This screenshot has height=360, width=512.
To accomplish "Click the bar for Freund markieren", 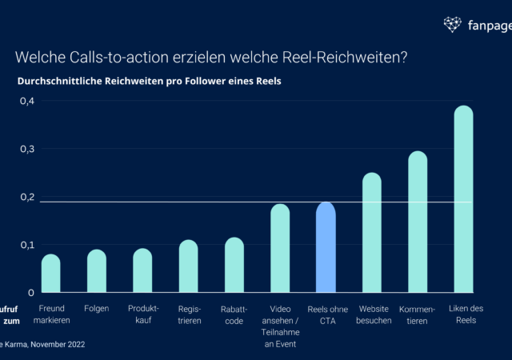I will (50, 274).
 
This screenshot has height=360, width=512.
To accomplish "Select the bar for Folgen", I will (96, 271).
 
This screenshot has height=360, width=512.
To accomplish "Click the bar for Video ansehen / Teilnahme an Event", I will (280, 248).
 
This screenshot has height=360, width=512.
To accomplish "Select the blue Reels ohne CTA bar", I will (326, 247).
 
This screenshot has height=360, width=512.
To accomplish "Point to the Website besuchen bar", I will (372, 233).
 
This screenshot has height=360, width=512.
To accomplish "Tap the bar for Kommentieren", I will (418, 222).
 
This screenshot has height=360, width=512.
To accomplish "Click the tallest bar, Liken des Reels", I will (464, 199).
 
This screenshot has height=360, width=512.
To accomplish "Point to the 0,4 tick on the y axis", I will (27, 101).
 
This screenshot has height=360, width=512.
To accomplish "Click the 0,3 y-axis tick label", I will (27, 149).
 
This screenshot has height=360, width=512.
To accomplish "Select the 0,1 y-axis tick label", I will (27, 245).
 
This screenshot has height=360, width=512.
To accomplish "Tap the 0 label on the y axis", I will (31, 293).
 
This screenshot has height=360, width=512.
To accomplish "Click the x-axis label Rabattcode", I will (234, 314).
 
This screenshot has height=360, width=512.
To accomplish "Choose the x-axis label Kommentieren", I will (418, 314).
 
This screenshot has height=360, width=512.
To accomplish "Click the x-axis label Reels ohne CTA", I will (326, 314).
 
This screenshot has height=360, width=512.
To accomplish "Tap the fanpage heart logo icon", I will (453, 25).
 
